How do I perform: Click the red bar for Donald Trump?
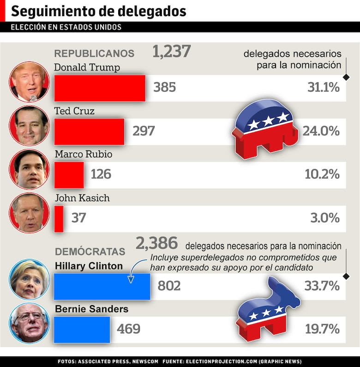(x=100, y=88)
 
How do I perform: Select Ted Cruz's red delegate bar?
(x=89, y=132)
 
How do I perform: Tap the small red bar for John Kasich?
(x=59, y=218)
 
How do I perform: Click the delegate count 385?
(x=165, y=87)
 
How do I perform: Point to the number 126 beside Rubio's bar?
(x=101, y=174)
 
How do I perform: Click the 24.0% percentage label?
(x=321, y=131)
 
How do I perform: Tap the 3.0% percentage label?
(x=325, y=217)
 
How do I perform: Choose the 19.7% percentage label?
(x=322, y=329)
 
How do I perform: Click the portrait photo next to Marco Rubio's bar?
(x=30, y=169)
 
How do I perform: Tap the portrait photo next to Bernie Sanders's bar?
(x=30, y=323)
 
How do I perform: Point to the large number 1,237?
(x=171, y=51)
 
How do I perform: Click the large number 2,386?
(x=157, y=243)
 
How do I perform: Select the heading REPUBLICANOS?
(x=94, y=54)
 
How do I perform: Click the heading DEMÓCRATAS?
(x=90, y=252)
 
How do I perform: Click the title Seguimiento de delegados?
(x=99, y=11)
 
